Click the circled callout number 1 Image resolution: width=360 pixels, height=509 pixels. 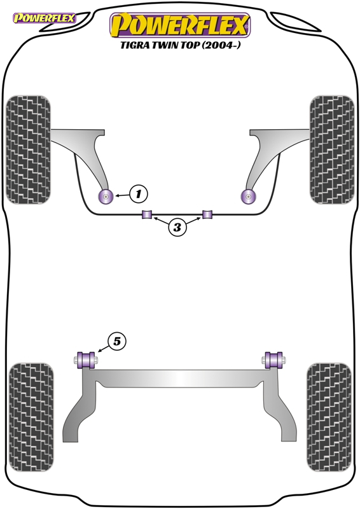coord(139,194)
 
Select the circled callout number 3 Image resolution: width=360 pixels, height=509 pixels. coord(177,227)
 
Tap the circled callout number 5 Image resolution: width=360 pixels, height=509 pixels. coord(116,341)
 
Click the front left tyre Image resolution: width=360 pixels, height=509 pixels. coord(29,150)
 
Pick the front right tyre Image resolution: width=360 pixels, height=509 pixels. coord(331,150)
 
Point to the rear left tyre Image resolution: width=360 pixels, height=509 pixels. coord(31,417)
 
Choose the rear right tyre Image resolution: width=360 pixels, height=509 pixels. coord(329,417)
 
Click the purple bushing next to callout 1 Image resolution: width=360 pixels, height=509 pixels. coord(105,196)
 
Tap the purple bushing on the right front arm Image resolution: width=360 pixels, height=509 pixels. coord(248,196)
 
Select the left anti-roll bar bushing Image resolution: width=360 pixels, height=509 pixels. coord(147,214)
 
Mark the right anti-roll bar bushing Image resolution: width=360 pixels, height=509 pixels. coord(207,214)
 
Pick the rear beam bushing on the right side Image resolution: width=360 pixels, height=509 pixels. coord(273,360)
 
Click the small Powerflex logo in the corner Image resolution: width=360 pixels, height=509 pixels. coord(45,18)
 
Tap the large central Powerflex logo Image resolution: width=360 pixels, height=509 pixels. coord(180,25)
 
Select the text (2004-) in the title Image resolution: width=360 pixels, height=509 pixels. coord(222,45)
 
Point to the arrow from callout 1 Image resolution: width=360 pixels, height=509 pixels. coord(121,195)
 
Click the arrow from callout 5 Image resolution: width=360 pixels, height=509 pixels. coord(103,348)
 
